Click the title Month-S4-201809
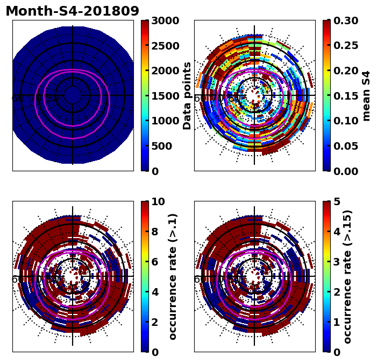[x=72, y=11]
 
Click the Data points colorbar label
[x=187, y=95]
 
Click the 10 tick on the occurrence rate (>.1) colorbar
[x=158, y=202]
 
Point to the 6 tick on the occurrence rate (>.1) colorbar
[x=154, y=262]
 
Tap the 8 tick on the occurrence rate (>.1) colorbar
[x=154, y=232]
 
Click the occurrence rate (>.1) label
[x=173, y=276]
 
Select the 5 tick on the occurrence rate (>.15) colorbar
[x=336, y=202]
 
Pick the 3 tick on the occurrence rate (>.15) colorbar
[x=336, y=262]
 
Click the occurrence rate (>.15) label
[x=348, y=276]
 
